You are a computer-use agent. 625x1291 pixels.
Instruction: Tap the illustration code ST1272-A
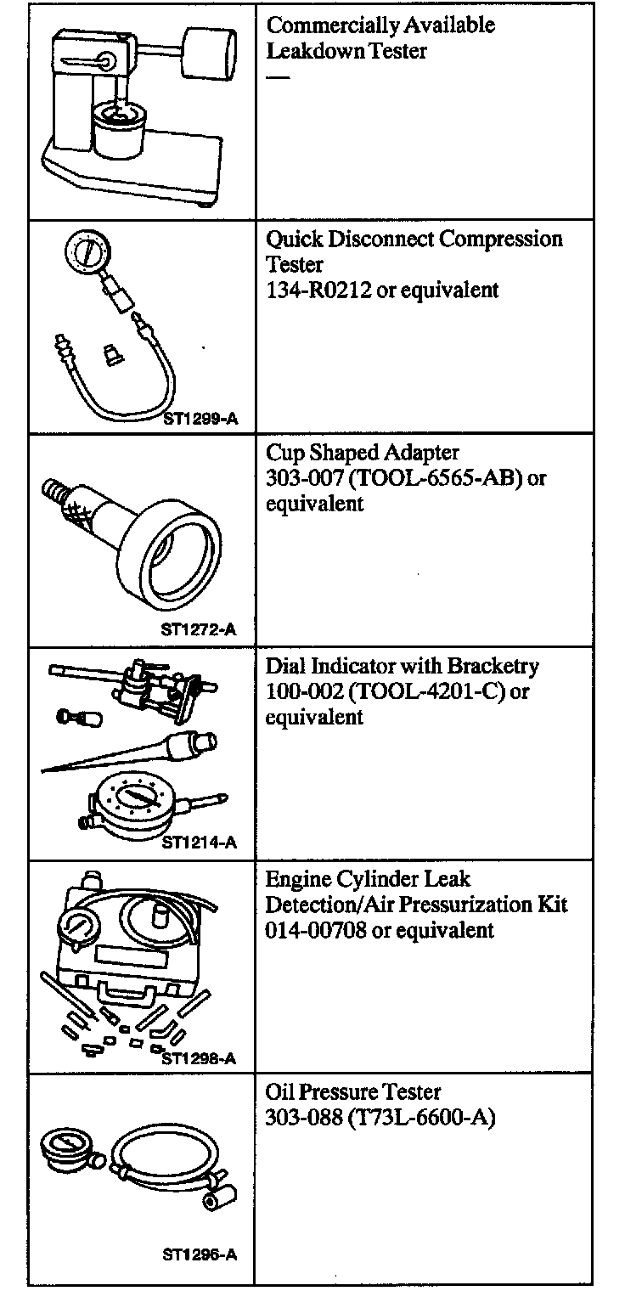(197, 630)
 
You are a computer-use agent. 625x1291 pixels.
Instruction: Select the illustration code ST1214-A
(198, 843)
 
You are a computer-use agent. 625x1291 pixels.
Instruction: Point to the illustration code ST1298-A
(198, 1058)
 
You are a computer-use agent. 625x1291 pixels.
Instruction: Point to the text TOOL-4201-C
(428, 691)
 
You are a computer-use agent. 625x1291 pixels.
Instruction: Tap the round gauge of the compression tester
(86, 252)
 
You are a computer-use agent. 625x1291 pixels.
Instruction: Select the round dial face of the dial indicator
(132, 799)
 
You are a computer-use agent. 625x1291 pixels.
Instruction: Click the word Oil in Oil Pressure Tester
(279, 1091)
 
